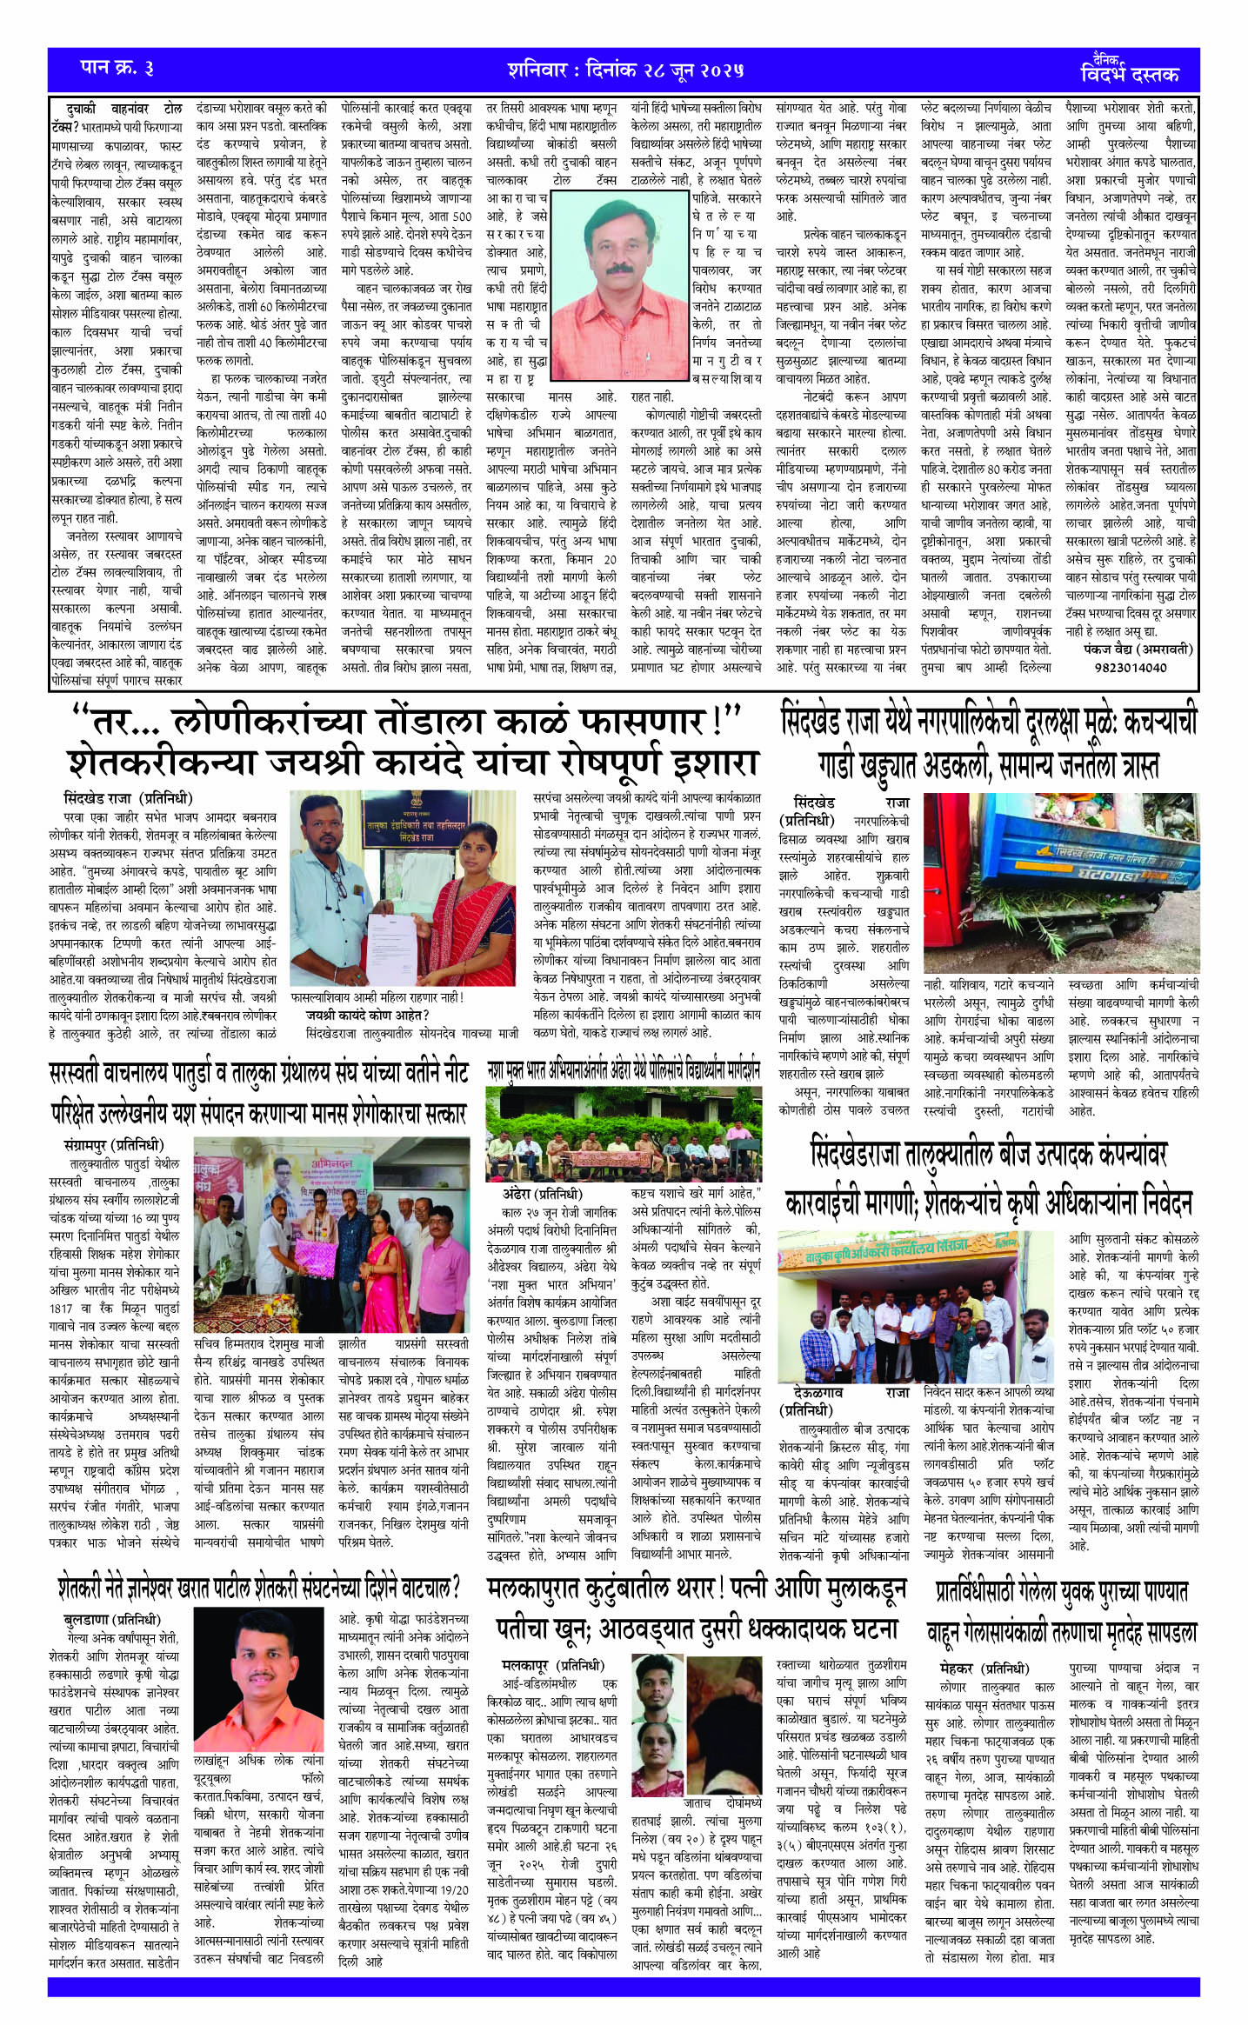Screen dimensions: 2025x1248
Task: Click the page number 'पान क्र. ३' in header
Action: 117,68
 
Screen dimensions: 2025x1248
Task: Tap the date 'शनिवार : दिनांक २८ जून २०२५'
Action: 625,70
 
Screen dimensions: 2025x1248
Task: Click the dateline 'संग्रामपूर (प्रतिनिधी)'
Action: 114,1145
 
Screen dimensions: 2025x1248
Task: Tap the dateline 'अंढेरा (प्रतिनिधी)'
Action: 542,1194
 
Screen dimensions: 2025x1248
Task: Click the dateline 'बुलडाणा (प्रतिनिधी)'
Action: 112,1619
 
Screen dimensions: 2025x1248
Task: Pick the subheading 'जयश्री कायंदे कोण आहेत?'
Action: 367,1015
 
